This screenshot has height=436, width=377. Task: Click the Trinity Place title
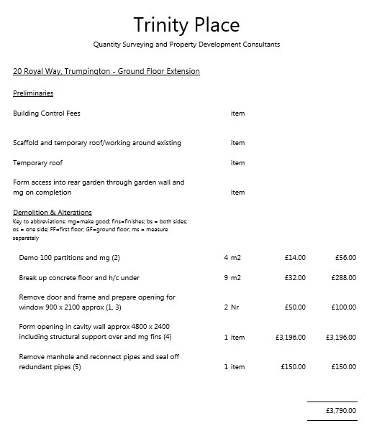[186, 25]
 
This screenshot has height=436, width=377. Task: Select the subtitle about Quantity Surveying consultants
[186, 45]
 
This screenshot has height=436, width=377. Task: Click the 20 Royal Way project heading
[106, 72]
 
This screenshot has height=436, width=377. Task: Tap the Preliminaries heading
[33, 93]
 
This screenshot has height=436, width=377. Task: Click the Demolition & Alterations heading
[53, 212]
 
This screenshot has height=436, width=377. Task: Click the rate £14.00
[295, 257]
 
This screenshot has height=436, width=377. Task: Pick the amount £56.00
[345, 257]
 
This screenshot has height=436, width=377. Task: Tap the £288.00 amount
[343, 277]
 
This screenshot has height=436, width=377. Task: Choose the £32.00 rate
[295, 277]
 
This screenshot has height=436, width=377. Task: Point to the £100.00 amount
[343, 307]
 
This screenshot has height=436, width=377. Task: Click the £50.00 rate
[295, 307]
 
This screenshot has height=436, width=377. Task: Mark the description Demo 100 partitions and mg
[70, 257]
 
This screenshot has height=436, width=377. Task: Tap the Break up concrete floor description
[79, 277]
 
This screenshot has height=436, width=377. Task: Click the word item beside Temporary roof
[237, 163]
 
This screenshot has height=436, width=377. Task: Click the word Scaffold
[26, 143]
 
